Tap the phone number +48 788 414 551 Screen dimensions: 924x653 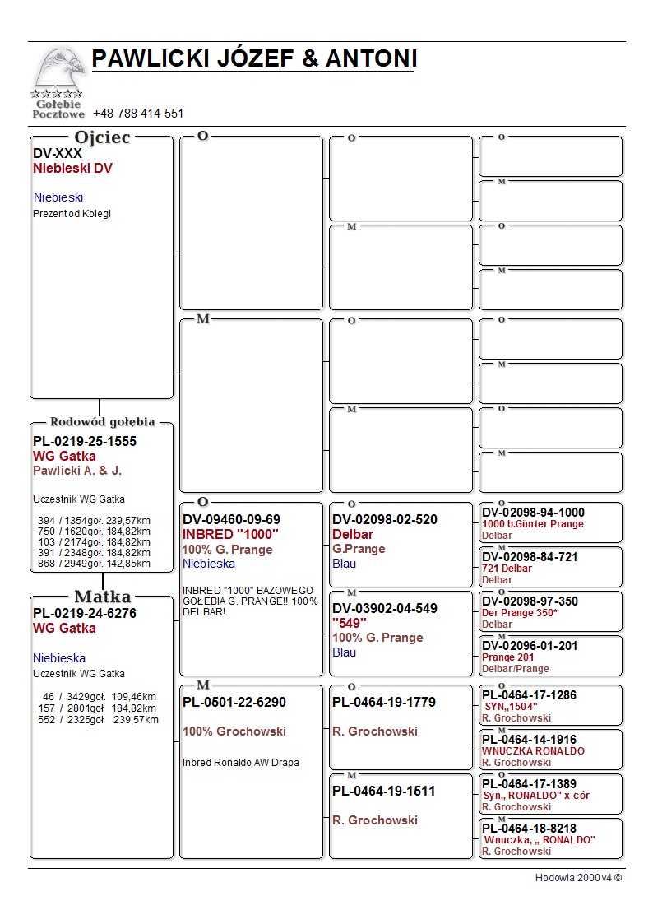[x=138, y=114]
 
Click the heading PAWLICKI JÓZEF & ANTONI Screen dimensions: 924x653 [x=254, y=58]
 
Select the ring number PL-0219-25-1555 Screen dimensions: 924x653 [x=85, y=441]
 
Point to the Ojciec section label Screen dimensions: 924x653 [x=102, y=137]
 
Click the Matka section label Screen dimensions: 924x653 [x=102, y=597]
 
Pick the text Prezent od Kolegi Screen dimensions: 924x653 [x=72, y=214]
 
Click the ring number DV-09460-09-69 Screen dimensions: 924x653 [x=231, y=519]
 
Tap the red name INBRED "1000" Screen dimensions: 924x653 [x=231, y=534]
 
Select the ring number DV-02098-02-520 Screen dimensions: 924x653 [x=385, y=519]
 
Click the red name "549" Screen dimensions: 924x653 [x=350, y=623]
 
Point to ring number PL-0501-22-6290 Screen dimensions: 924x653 [x=234, y=702]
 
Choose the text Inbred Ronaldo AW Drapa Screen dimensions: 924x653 [x=240, y=763]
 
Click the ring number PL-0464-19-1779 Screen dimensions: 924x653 [x=384, y=702]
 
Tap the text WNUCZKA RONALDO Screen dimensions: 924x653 [x=533, y=751]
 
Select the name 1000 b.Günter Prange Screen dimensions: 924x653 [x=533, y=524]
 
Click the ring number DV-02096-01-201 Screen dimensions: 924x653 [x=530, y=646]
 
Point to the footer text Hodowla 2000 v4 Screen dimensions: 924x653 [x=578, y=878]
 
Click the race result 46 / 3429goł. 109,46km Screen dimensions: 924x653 [x=98, y=697]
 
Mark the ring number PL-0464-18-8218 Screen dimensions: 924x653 [x=529, y=829]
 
